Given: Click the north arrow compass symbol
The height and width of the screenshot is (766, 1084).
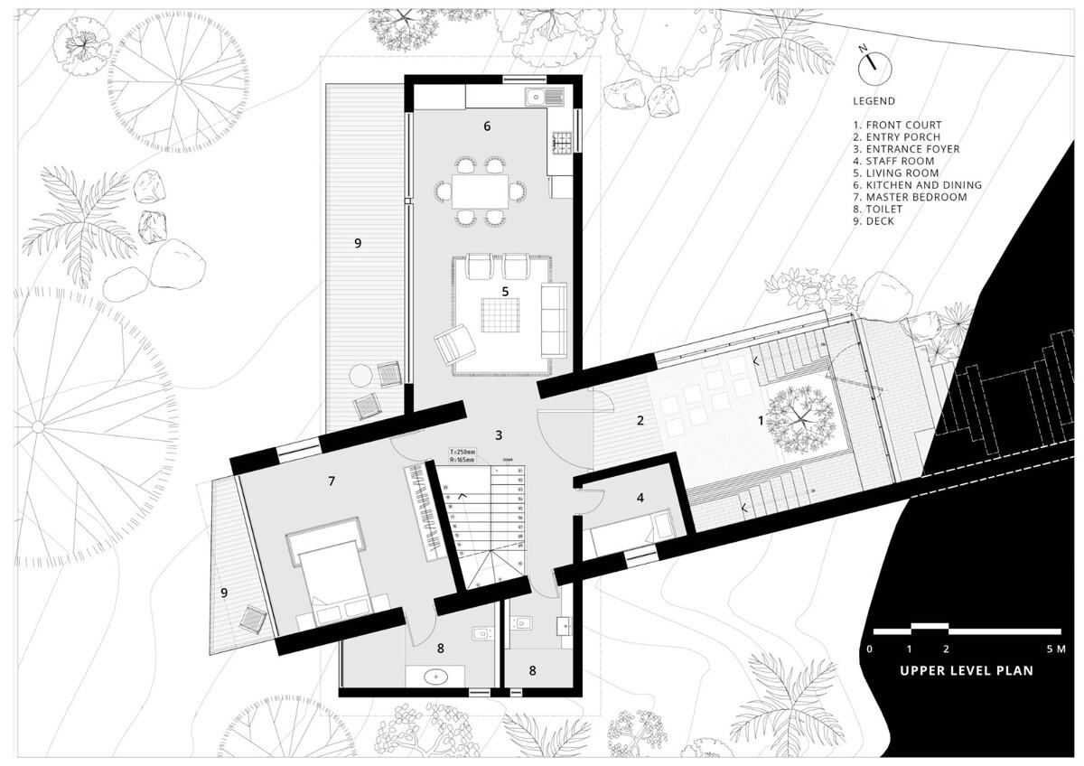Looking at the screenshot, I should coord(874,66).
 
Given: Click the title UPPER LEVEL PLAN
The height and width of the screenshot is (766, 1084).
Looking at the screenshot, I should coord(966,671).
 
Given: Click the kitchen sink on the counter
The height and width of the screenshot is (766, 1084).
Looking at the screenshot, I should coord(537,96).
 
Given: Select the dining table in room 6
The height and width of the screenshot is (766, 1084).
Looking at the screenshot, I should coord(478,191).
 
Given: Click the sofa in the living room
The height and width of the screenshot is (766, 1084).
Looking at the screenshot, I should coord(553,319).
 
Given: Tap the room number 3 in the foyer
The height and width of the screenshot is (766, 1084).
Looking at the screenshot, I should coord(499,434).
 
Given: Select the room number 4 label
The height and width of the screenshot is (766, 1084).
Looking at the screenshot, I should coord(640,498).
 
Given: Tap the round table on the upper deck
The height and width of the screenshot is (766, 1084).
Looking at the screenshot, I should coord(360,375).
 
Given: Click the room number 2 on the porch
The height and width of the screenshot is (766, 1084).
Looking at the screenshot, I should coord(640,420).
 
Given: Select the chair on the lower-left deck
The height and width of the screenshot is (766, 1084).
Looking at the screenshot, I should coord(253,621).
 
